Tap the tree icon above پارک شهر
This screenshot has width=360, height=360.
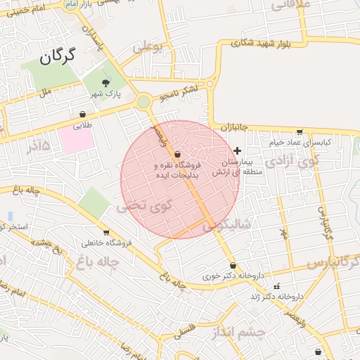coord(106,84)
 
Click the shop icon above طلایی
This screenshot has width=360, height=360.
coord(83,114)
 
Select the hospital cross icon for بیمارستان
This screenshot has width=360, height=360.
coord(238,150)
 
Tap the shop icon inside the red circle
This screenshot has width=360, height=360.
coord(176,154)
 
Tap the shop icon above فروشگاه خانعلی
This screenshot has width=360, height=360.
coord(106,233)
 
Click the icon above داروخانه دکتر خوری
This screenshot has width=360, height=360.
coord(233,266)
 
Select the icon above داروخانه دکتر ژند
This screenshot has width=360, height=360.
coord(276,286)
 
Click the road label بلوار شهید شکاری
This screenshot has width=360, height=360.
coord(261,43)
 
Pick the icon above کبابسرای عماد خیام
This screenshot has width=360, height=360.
coord(300,131)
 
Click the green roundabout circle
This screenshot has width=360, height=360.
coord(144,103)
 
